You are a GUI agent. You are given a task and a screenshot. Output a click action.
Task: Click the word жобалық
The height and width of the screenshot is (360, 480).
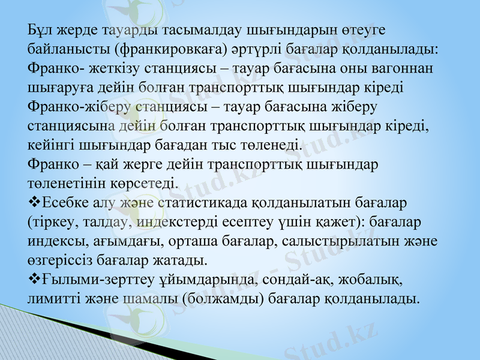[x=374, y=279]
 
